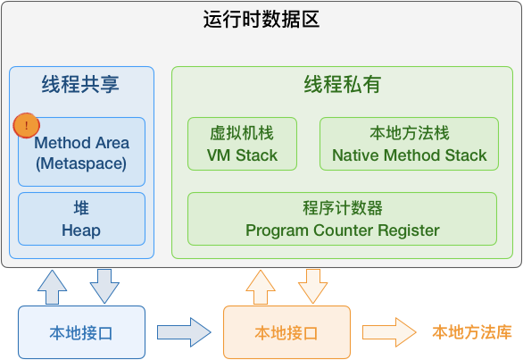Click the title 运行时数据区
pos(261,21)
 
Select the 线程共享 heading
pos(80,86)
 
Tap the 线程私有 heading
pos(342,86)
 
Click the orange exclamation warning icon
pos(27,126)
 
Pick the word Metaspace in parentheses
pos(81,164)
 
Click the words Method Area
pos(82,143)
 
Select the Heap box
pos(81,220)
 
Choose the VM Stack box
pos(243,144)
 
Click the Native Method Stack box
pos(409,144)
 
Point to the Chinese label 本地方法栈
pos(409,133)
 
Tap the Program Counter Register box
pos(342,219)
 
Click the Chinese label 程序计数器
pos(342,208)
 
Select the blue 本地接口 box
pos(81,332)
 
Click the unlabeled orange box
pos(286,332)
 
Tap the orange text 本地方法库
pos(472,332)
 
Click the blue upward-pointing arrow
pos(53,285)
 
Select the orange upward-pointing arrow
pos(261,285)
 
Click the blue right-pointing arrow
pos(183,332)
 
